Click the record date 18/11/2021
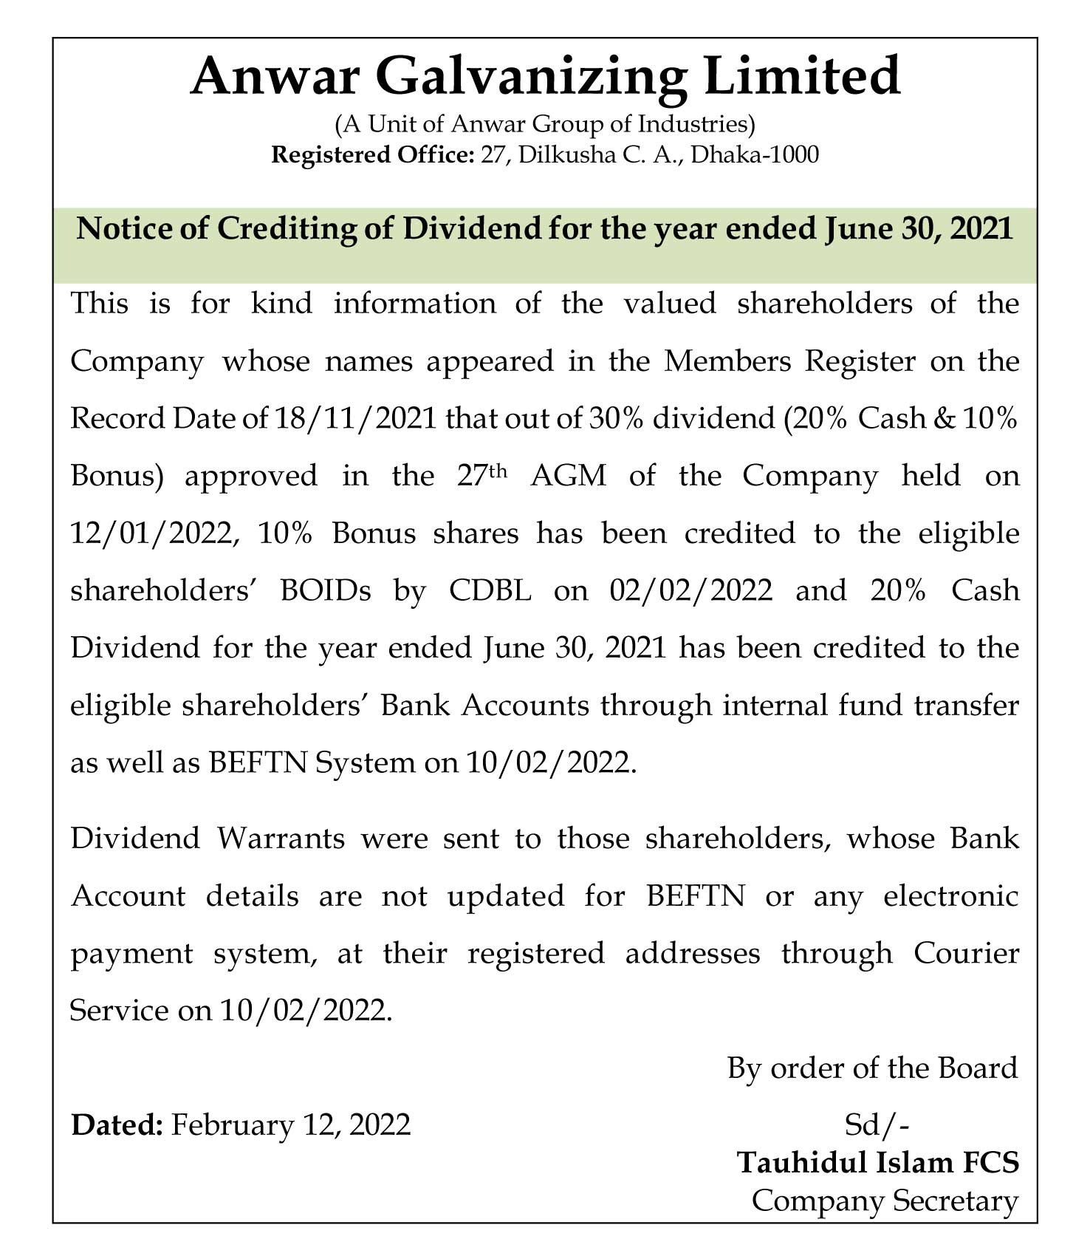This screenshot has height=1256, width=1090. [x=355, y=419]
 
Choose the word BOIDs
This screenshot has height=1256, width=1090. [x=326, y=590]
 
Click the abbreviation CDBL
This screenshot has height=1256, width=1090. [x=490, y=590]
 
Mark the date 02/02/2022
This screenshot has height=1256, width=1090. [x=691, y=590]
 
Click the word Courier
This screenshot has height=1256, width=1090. [x=966, y=953]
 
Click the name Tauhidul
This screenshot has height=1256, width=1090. [x=803, y=1162]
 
